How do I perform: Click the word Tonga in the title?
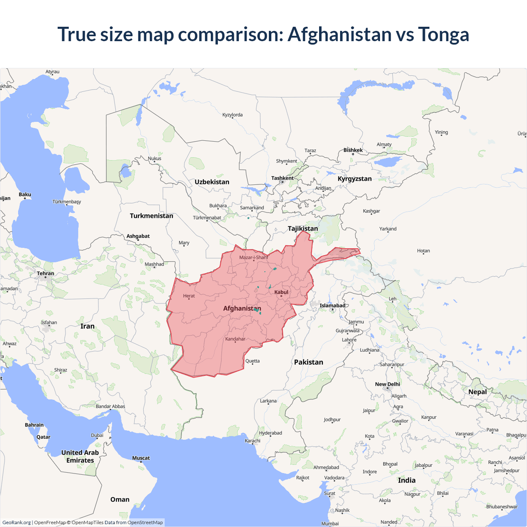tap(443, 34)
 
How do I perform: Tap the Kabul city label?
tap(281, 292)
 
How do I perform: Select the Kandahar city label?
tap(235, 339)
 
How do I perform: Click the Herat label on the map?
tap(189, 296)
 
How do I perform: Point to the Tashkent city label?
tap(282, 178)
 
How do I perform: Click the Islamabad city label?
tap(332, 305)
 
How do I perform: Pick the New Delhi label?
tap(387, 384)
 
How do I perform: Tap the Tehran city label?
tap(45, 273)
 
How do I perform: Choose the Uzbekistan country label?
tap(212, 182)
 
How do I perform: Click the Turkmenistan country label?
tap(152, 215)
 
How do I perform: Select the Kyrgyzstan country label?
tap(354, 178)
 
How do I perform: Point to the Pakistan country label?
tap(308, 362)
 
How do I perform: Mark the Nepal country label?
tap(478, 392)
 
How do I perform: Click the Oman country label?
tap(120, 499)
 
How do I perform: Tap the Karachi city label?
tap(252, 441)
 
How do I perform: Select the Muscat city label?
tap(141, 458)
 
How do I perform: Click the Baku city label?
tap(25, 194)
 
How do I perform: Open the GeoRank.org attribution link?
tap(16, 522)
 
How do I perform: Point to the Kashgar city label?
tap(371, 211)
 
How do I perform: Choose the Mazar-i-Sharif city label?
tap(254, 257)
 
